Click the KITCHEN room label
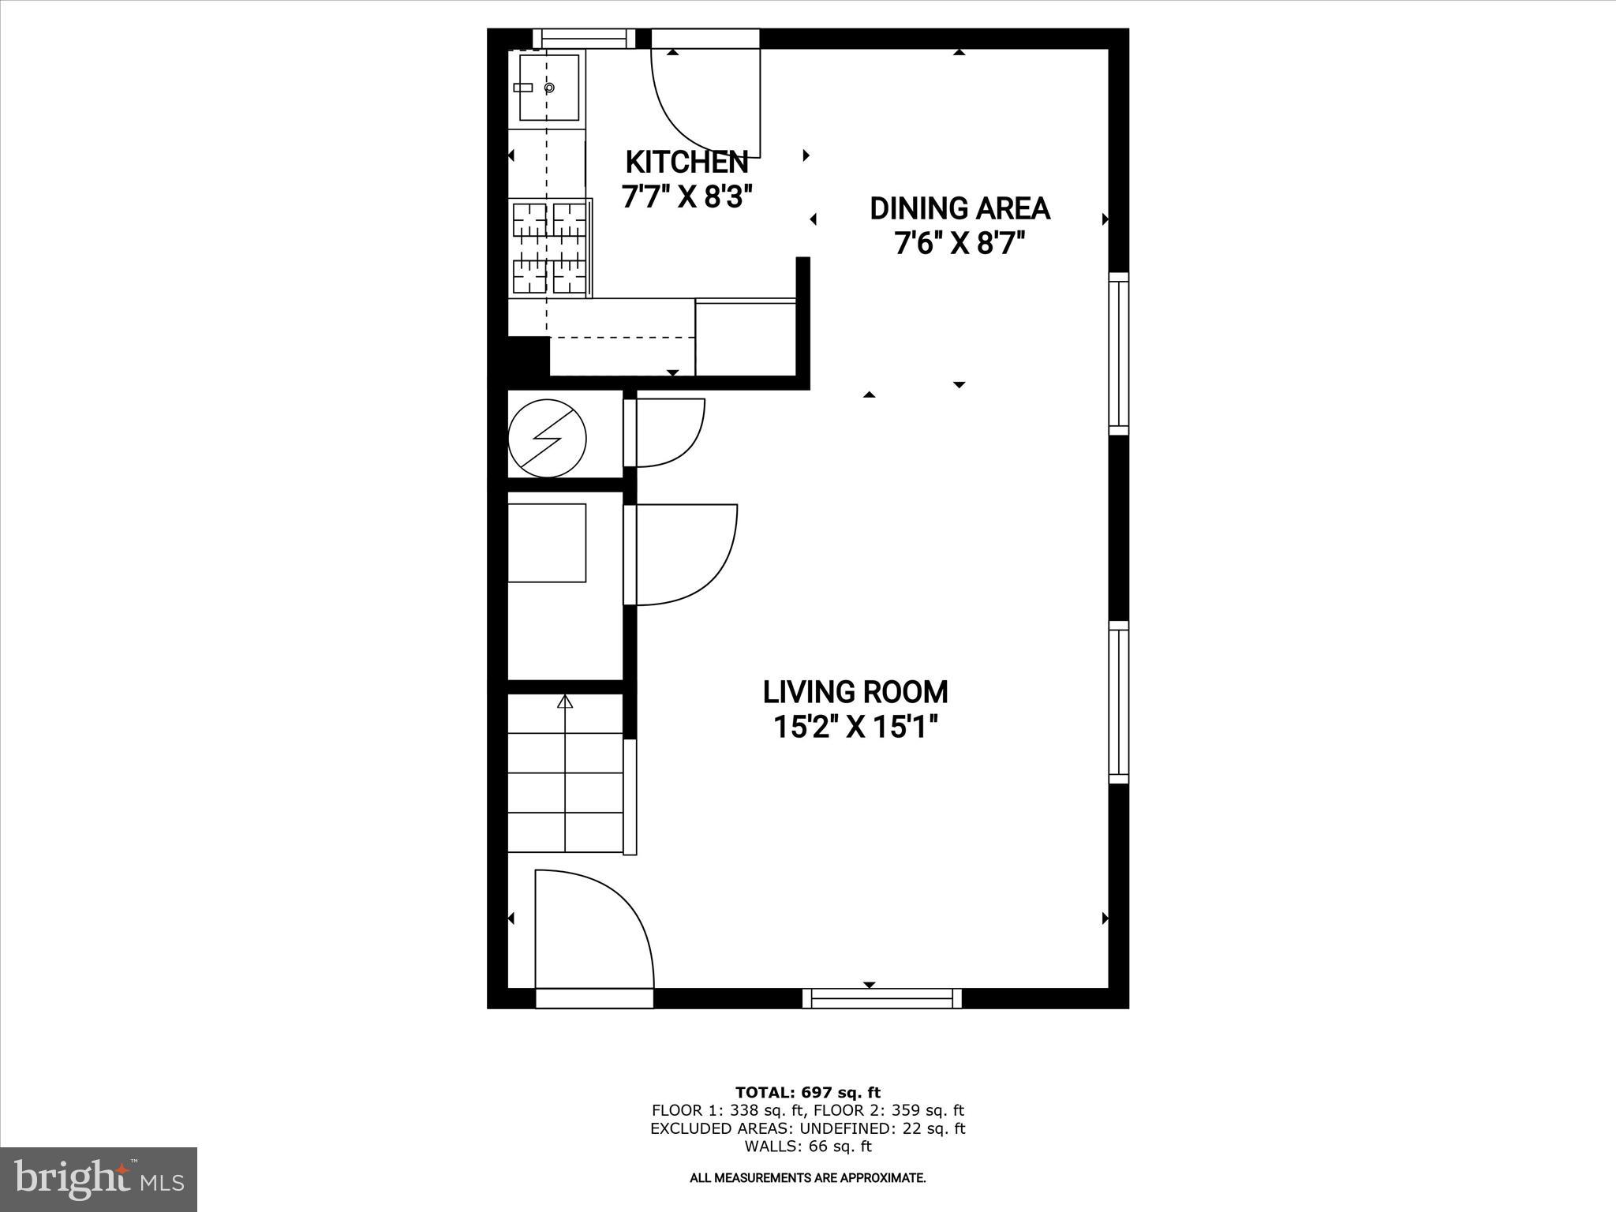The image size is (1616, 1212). point(686,162)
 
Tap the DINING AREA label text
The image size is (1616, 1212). point(959,208)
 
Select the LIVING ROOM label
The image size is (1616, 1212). point(855,692)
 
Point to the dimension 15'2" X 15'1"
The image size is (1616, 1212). point(855,727)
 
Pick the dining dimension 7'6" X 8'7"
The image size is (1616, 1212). point(959,243)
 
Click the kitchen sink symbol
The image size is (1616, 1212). point(548,88)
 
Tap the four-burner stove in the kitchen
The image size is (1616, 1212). point(550,248)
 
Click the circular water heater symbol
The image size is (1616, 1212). point(547,438)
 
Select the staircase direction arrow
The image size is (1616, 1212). point(565,702)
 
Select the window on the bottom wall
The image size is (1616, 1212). point(882,998)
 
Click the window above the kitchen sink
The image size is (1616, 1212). point(583,39)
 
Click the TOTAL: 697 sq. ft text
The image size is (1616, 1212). point(807,1093)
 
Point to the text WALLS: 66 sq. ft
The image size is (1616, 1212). point(807,1147)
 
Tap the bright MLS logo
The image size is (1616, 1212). point(98,1179)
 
